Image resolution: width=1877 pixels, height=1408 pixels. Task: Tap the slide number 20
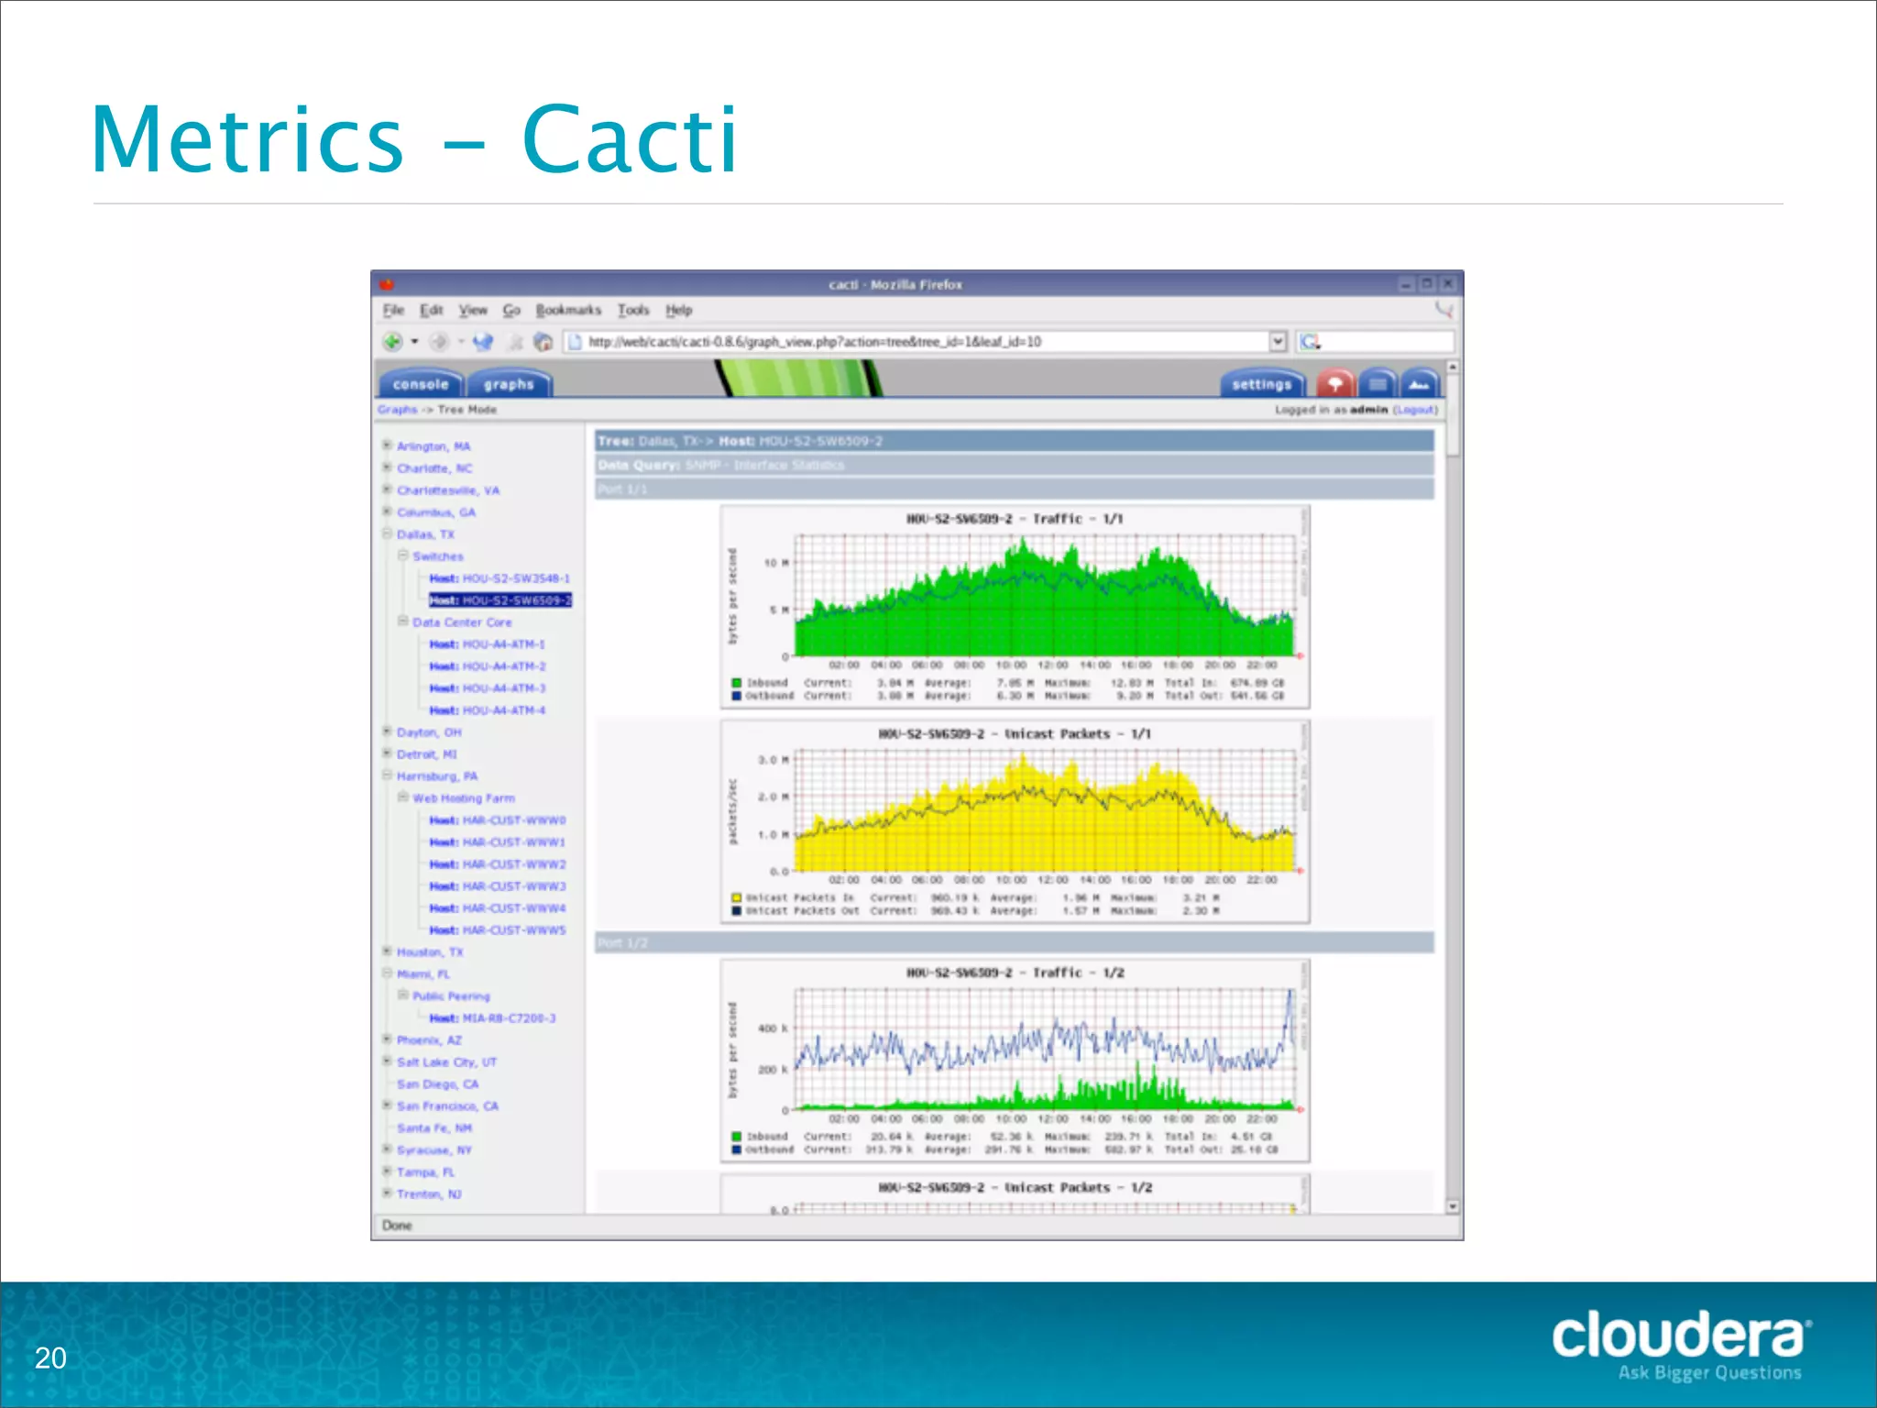[50, 1358]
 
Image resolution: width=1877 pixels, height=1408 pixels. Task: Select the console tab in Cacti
[421, 384]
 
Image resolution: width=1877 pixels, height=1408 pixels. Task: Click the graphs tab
[509, 384]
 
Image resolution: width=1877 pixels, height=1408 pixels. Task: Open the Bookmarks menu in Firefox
[568, 310]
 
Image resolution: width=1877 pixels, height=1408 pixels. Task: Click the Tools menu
[632, 310]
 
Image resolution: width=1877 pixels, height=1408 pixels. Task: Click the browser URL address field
[917, 342]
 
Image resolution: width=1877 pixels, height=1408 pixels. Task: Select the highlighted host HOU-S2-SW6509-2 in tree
[500, 600]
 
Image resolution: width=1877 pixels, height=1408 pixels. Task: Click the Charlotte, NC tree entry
[434, 468]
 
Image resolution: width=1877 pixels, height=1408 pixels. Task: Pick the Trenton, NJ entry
[429, 1194]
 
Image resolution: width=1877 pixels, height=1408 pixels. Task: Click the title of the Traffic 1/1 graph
[1014, 519]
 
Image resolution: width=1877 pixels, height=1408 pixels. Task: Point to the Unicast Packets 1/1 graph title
[1014, 734]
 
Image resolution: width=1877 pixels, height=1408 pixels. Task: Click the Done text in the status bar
[397, 1226]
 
